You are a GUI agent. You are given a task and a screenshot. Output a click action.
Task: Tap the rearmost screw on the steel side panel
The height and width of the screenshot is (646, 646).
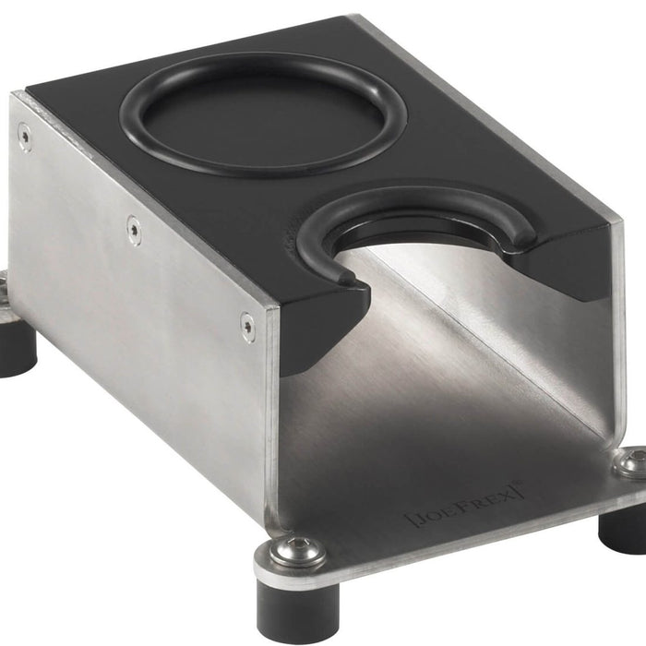[25, 138]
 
